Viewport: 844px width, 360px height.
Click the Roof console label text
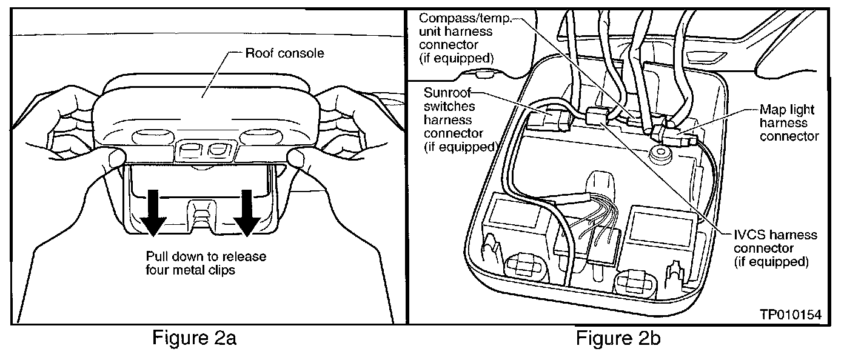click(x=284, y=53)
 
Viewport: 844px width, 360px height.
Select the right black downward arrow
click(x=247, y=212)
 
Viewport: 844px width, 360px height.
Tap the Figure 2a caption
click(x=193, y=338)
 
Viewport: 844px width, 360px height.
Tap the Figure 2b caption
click(x=618, y=338)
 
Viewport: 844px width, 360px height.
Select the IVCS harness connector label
click(x=775, y=248)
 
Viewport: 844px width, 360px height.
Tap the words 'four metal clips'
click(x=190, y=270)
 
